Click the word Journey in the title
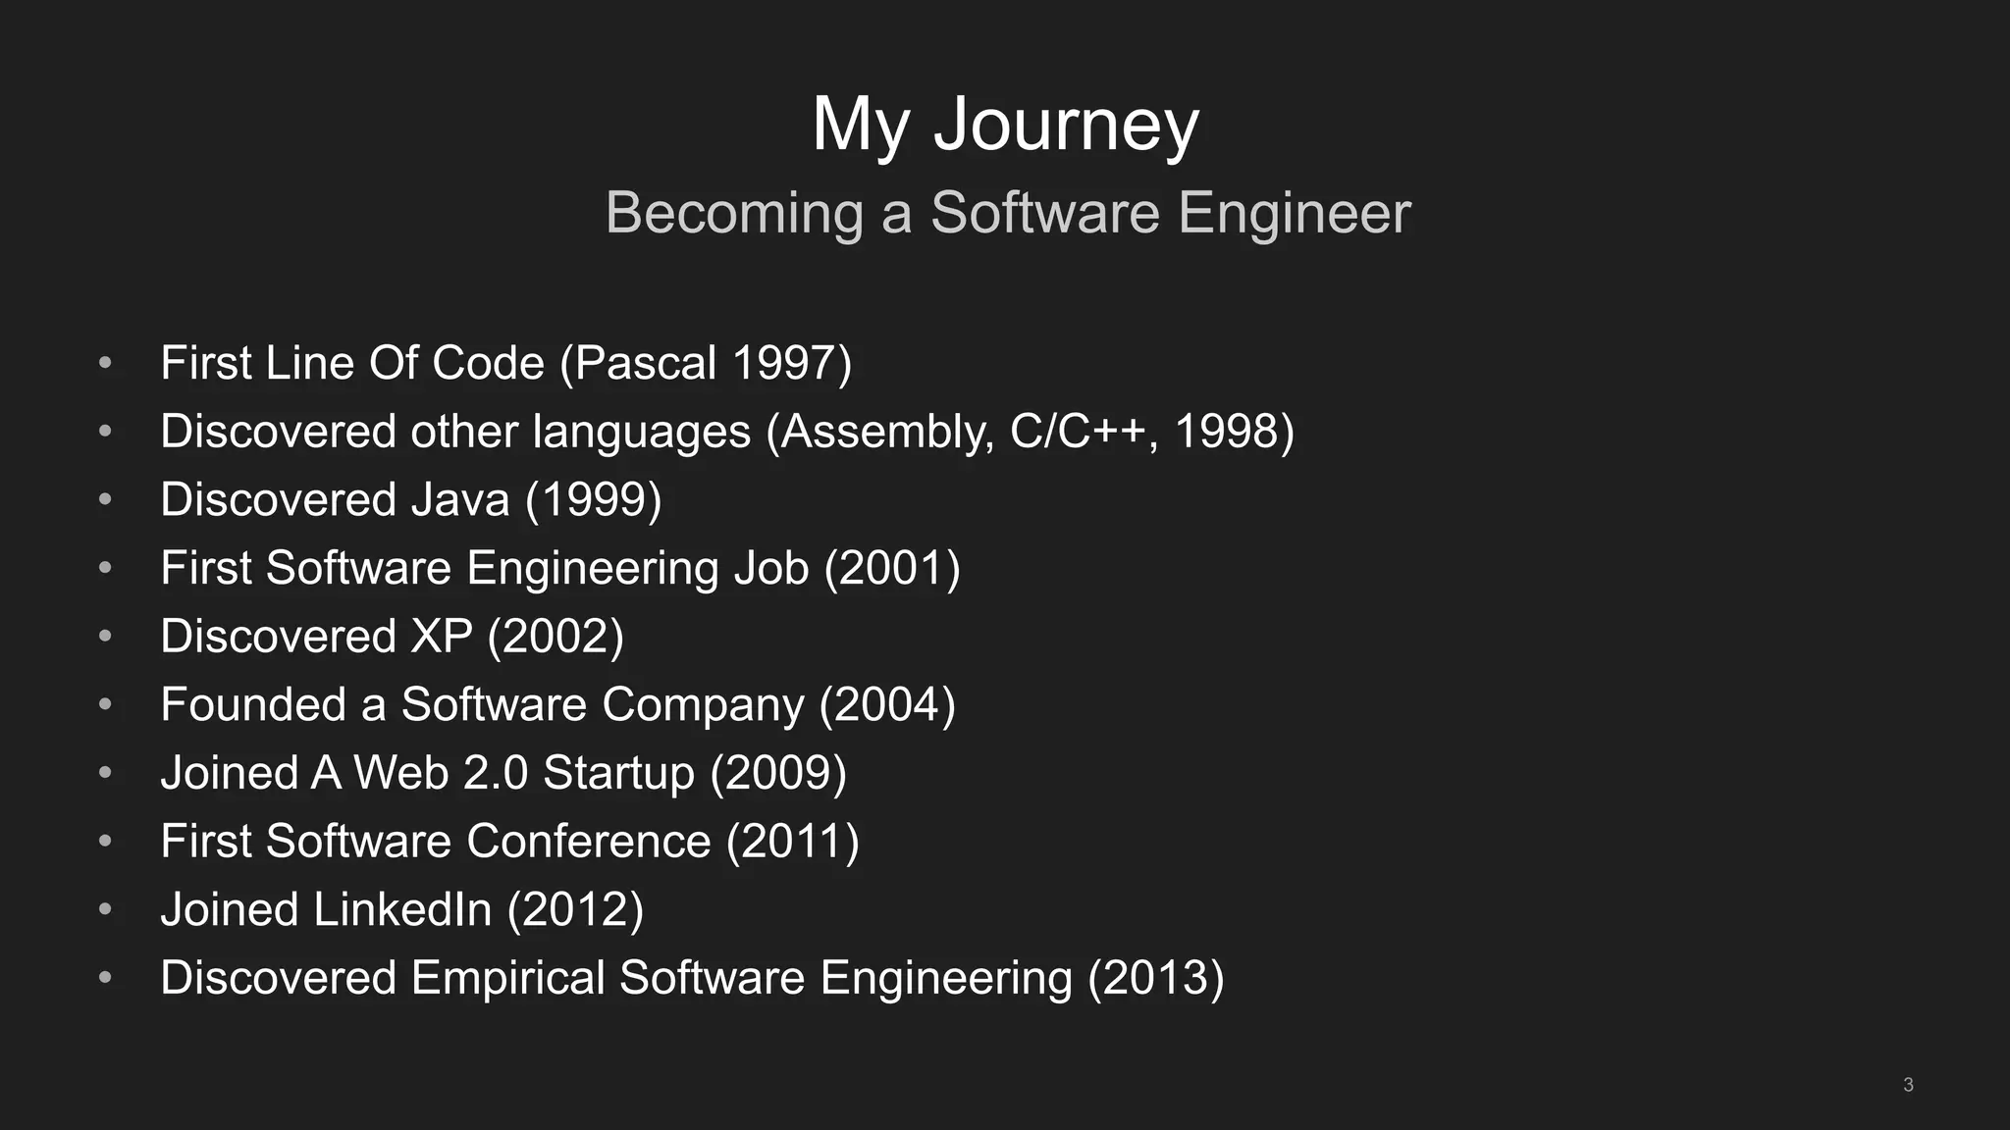click(1066, 125)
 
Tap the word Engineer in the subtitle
click(1294, 213)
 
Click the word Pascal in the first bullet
click(645, 363)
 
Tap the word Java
click(459, 500)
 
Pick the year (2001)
click(892, 568)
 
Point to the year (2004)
click(887, 705)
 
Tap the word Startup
click(618, 773)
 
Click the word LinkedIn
click(401, 909)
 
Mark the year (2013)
click(1156, 978)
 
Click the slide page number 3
click(1908, 1085)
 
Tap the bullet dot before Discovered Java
click(105, 500)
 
